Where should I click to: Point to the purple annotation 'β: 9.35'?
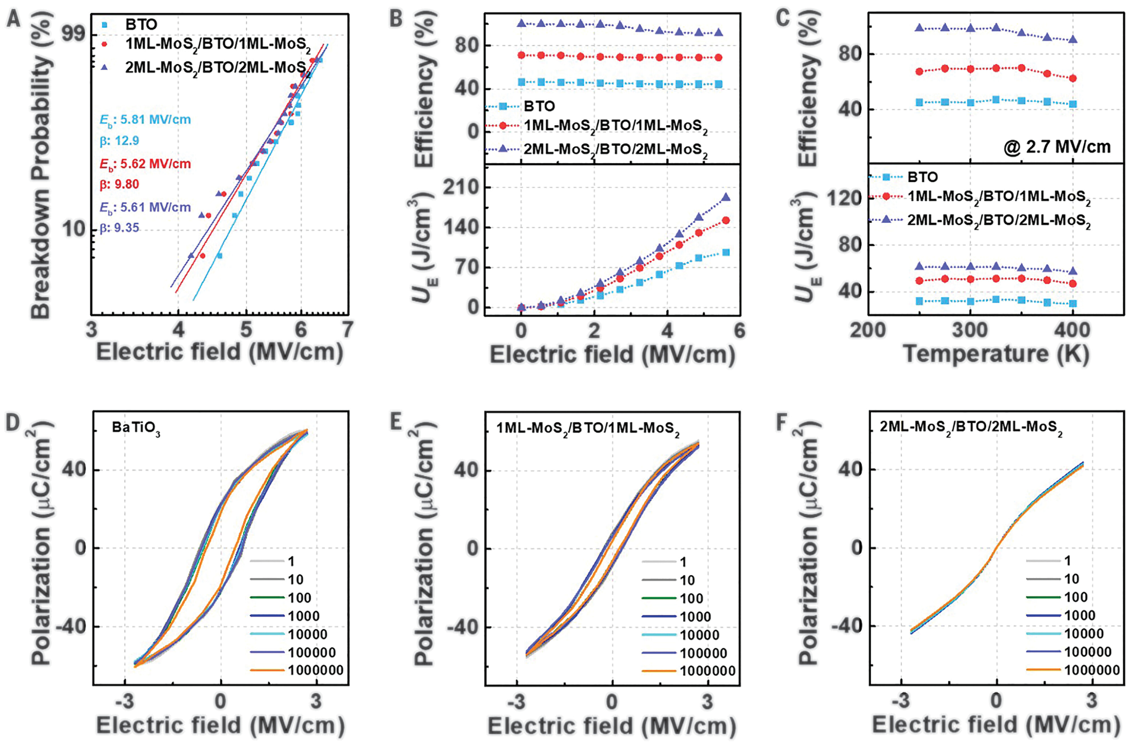coord(119,228)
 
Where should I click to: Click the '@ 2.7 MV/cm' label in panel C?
coord(1057,147)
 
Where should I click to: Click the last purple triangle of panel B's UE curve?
coord(726,197)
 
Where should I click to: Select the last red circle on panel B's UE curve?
coord(726,220)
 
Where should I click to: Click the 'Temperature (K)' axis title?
coord(996,355)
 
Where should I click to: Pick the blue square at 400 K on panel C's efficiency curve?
coord(1072,104)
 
